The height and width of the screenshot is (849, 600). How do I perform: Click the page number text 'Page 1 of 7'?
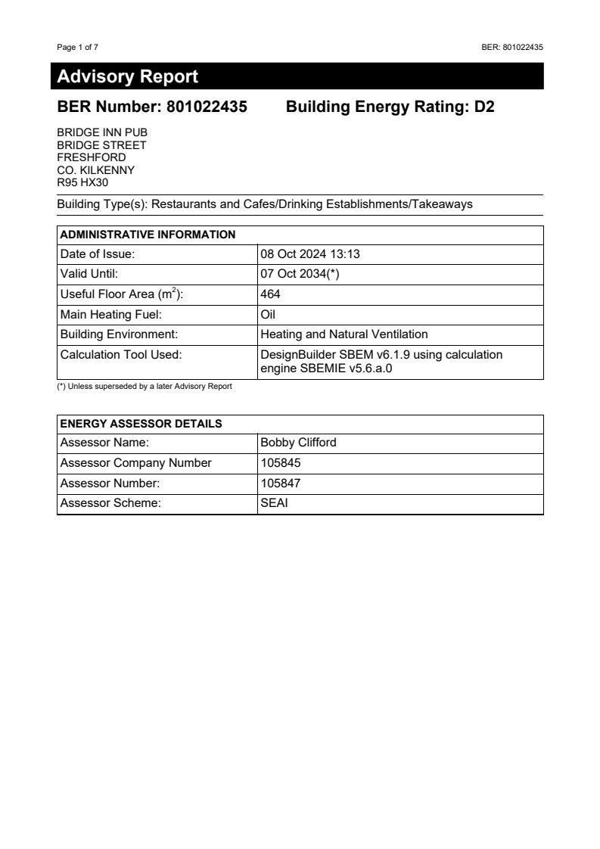[77, 47]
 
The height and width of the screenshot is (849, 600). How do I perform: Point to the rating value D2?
[484, 107]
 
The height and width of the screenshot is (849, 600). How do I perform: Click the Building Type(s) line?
[265, 204]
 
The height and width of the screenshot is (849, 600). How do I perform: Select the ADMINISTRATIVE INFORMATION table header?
[148, 235]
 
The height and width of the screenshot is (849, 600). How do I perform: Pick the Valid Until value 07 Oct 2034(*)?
[300, 274]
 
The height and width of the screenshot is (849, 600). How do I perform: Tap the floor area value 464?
[270, 294]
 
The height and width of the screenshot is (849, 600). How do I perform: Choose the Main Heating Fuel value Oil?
[267, 314]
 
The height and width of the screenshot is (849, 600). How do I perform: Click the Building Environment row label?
[118, 334]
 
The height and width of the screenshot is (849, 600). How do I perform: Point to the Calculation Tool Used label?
[121, 354]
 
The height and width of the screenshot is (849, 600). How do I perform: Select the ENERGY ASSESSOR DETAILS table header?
[141, 424]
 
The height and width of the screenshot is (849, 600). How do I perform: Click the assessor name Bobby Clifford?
[298, 443]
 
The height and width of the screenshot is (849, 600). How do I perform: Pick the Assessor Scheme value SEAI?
[274, 503]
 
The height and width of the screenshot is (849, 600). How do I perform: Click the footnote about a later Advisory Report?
[145, 387]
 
